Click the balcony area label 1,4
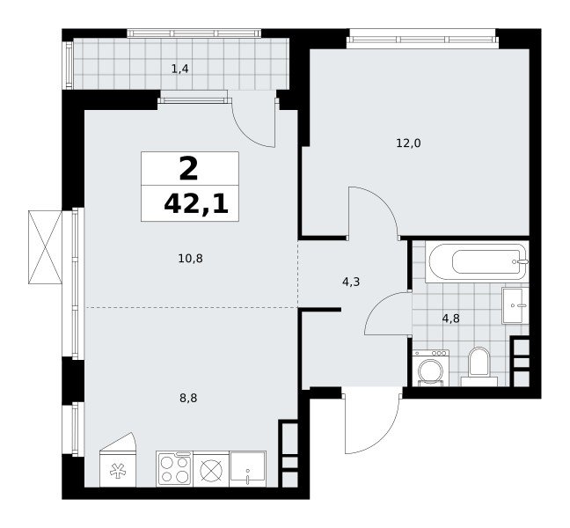click(x=180, y=69)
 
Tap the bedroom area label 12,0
click(x=408, y=143)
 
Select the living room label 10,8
click(x=191, y=259)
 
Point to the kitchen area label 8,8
click(x=188, y=398)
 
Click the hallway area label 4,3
click(x=351, y=282)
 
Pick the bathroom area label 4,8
click(x=451, y=319)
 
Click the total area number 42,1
click(x=196, y=205)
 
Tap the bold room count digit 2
click(x=188, y=169)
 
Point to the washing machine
click(x=431, y=368)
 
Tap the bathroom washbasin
click(x=515, y=305)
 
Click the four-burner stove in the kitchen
click(x=175, y=469)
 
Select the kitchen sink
click(x=248, y=469)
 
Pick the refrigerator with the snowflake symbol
click(x=117, y=460)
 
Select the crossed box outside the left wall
click(x=45, y=247)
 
